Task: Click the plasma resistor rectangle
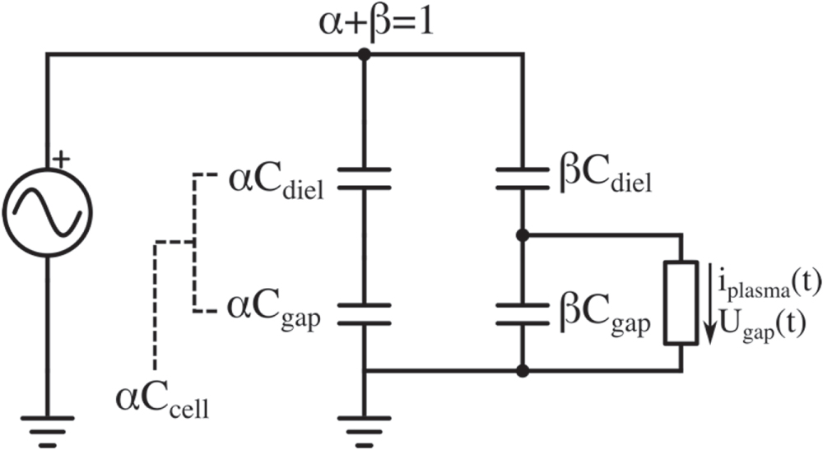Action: tap(681, 303)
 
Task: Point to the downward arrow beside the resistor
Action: tap(707, 304)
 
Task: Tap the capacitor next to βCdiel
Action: tap(522, 179)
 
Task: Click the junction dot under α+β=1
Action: tap(364, 55)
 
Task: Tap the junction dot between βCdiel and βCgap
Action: tap(522, 235)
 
